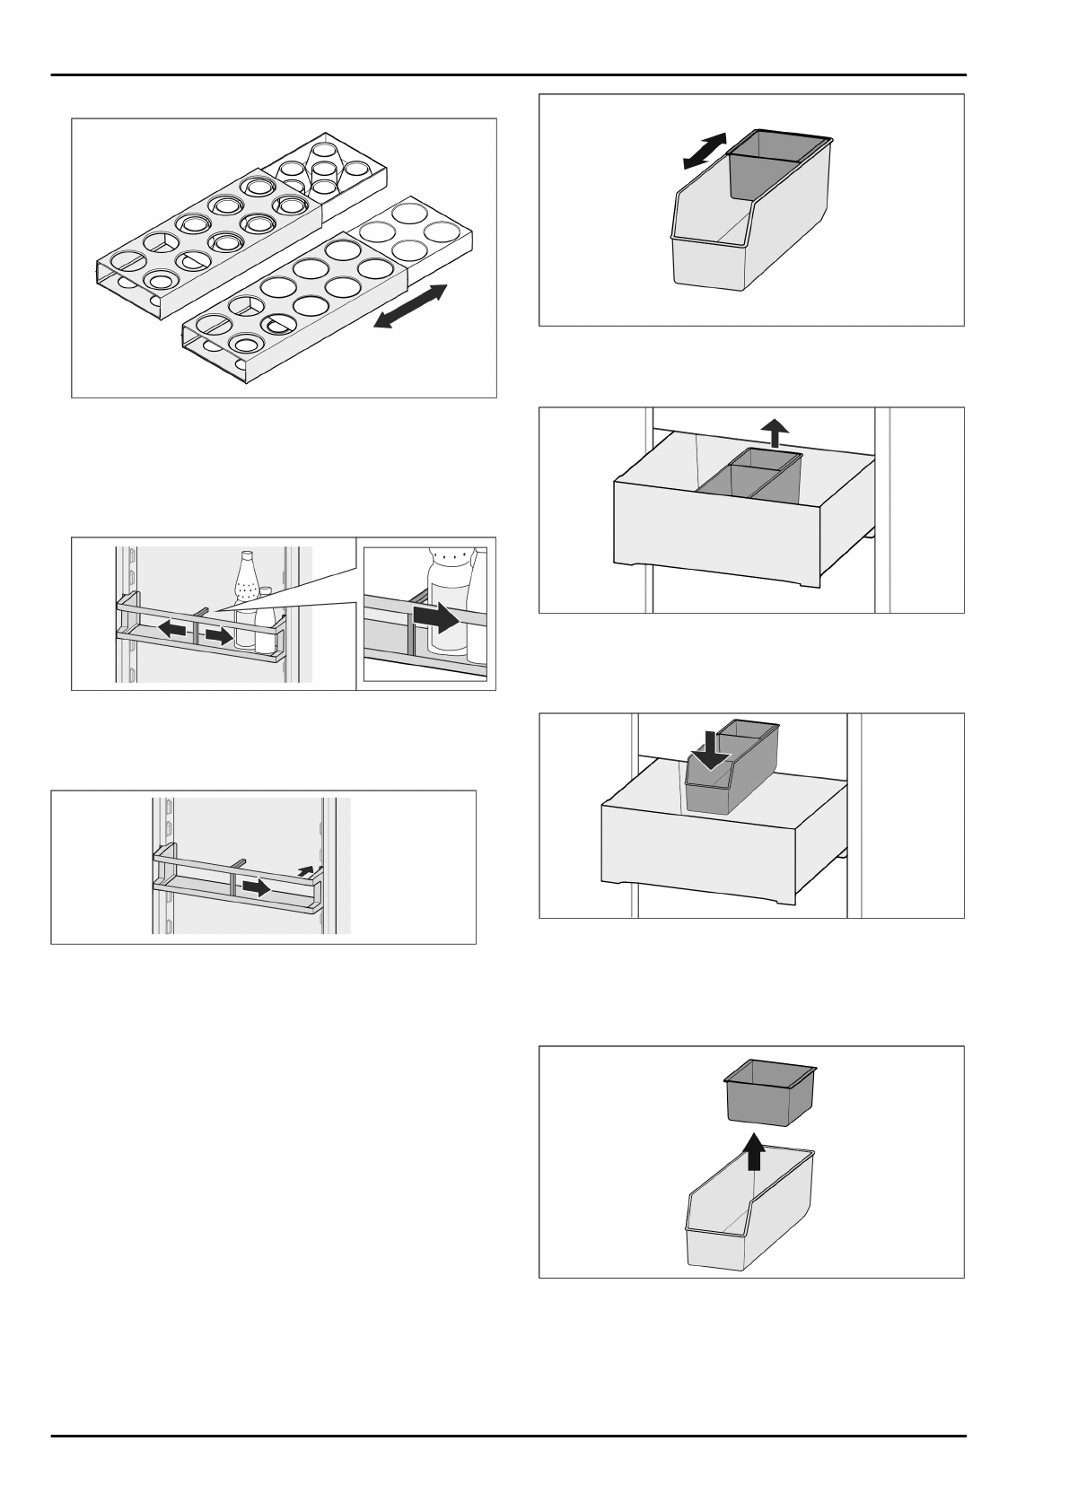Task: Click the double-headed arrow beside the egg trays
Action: (x=409, y=306)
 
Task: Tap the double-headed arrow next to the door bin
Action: (x=704, y=151)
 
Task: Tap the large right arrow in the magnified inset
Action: (x=436, y=618)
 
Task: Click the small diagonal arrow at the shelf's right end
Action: (x=307, y=869)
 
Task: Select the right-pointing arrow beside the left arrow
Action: (x=215, y=635)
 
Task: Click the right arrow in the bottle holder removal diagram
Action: (x=257, y=887)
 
